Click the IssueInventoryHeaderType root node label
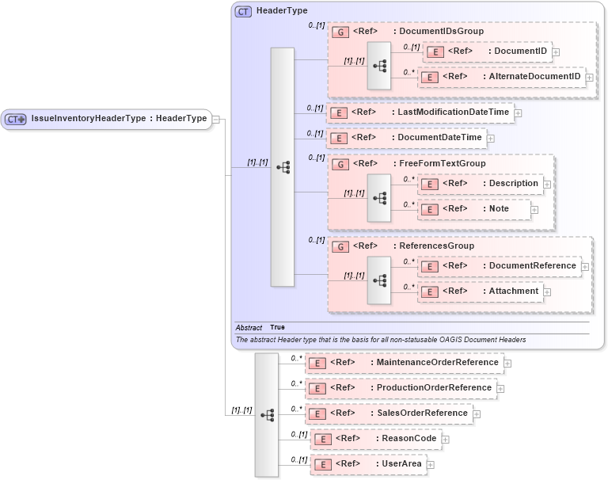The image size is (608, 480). point(119,119)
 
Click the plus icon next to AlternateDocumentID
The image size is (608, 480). point(590,78)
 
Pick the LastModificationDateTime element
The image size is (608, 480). point(453,112)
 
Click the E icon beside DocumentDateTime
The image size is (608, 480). point(338,138)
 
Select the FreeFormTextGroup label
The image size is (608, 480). point(442,164)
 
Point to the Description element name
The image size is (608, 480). point(513,184)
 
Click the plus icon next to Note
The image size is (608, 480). point(534,210)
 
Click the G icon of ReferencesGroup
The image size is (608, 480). point(339,246)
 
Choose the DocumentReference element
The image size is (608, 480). point(532,266)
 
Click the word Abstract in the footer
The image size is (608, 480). point(249,327)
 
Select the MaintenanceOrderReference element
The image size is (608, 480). point(438,363)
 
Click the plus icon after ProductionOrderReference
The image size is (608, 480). point(500,389)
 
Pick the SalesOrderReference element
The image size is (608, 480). point(422,413)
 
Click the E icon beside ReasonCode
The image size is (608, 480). point(322,439)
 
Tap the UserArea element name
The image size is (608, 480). point(401,463)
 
